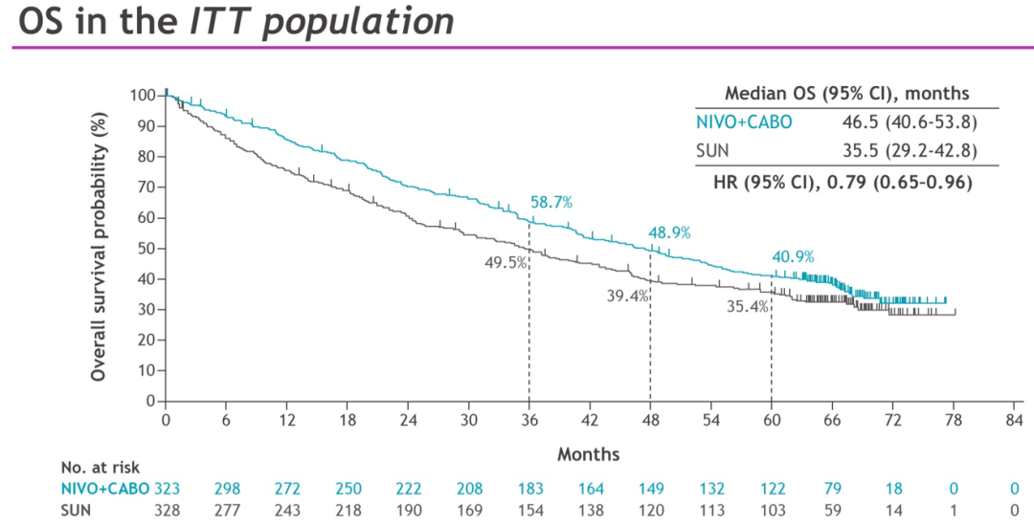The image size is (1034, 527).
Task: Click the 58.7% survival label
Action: coord(551,202)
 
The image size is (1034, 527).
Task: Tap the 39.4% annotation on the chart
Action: coord(628,296)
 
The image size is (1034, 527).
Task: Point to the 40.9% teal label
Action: coord(794,256)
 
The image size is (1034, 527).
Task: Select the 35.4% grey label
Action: coord(748,307)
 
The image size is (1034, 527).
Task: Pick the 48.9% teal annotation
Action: coord(670,232)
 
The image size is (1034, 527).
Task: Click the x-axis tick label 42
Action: coord(590,421)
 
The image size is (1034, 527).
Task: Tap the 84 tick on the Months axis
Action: coord(1014,421)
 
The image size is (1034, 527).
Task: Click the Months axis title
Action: coord(589,454)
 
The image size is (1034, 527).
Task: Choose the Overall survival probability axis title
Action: coord(99,247)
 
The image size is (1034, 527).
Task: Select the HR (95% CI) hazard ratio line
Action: coord(846,181)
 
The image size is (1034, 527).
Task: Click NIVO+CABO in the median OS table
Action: coord(744,122)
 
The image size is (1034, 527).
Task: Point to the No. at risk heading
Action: coord(101,468)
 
